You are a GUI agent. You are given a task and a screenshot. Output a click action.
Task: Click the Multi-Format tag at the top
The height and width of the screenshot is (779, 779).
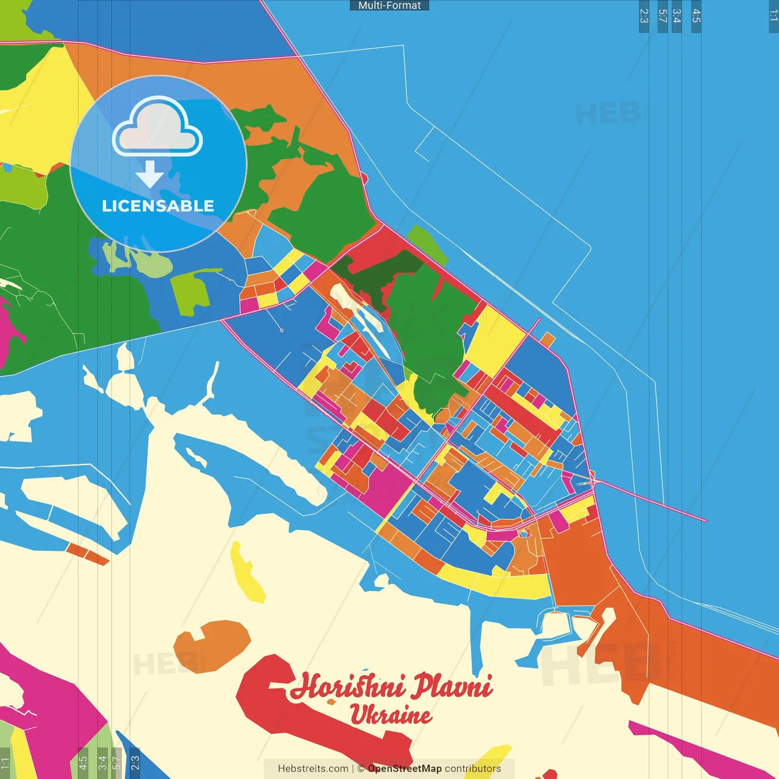[389, 5]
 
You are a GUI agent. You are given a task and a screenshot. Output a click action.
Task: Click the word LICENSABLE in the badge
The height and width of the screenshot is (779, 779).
[158, 206]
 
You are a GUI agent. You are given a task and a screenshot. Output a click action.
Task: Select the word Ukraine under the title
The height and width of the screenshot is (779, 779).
[391, 714]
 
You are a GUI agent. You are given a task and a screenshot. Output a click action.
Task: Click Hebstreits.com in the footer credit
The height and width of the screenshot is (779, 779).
[313, 769]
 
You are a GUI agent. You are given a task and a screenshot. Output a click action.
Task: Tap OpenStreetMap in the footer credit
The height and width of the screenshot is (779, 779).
[405, 769]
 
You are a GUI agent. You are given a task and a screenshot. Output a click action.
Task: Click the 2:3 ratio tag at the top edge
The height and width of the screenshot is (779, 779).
[644, 16]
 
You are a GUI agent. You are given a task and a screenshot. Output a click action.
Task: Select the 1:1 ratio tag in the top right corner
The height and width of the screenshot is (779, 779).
[773, 16]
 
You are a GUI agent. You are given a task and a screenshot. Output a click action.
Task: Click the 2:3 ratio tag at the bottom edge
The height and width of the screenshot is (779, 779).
[134, 763]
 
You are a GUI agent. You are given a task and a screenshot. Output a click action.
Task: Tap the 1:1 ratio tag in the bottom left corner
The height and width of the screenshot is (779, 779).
[5, 763]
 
